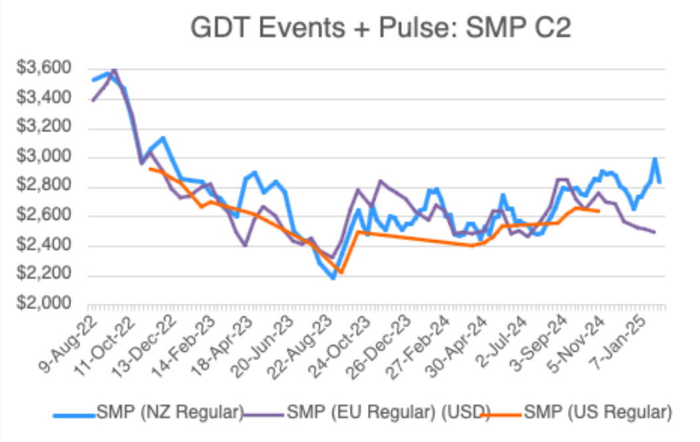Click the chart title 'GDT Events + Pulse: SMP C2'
point(381,29)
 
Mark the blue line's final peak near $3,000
point(655,158)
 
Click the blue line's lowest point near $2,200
point(333,278)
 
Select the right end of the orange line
point(600,212)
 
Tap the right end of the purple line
point(656,232)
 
